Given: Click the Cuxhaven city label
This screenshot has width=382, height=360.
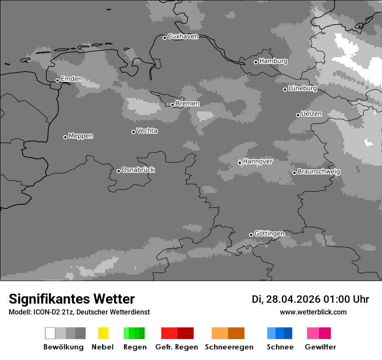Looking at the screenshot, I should (183, 36).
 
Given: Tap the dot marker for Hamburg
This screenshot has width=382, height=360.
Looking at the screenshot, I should (256, 62).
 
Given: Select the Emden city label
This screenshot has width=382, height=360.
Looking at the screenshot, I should (71, 79).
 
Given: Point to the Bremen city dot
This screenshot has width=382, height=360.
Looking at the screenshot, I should (172, 105).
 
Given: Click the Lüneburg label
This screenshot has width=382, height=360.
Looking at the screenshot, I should (303, 88).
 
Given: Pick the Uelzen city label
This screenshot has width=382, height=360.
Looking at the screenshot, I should (311, 114).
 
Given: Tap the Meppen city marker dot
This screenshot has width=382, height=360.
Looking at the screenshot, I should (65, 137).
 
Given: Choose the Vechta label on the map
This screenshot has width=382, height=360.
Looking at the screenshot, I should (147, 131).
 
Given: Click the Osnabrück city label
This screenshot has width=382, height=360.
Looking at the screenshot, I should (138, 170).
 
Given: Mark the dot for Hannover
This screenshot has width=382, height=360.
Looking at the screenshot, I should (240, 163).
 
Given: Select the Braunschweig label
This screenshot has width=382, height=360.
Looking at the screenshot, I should (319, 172).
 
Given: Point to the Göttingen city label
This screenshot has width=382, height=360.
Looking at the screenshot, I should (269, 234).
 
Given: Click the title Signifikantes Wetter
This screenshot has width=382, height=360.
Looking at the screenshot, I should (72, 299).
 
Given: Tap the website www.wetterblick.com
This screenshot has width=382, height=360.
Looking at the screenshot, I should (313, 312).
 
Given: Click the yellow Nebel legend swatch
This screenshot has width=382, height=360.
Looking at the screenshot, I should (103, 333).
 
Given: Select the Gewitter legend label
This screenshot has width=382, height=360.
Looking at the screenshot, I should (320, 347).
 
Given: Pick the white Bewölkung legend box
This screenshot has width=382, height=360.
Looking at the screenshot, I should (50, 333).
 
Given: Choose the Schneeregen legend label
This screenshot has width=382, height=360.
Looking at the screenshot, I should (229, 347).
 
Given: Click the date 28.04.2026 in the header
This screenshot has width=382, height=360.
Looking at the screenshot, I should (293, 299).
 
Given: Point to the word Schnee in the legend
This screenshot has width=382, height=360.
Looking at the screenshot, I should (280, 347).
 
